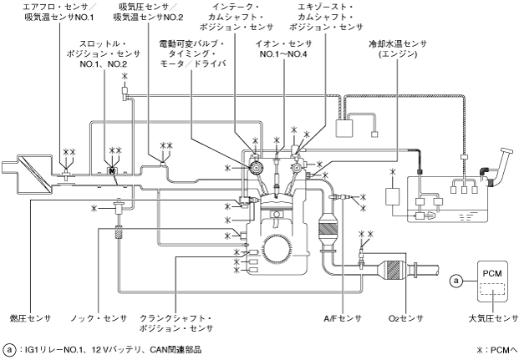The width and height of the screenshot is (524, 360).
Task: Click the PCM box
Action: point(491,282)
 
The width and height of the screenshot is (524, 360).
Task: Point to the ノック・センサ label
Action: point(104,318)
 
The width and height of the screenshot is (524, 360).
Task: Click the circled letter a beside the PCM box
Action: point(455,281)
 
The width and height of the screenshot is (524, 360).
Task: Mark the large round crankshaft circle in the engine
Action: point(282,251)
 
